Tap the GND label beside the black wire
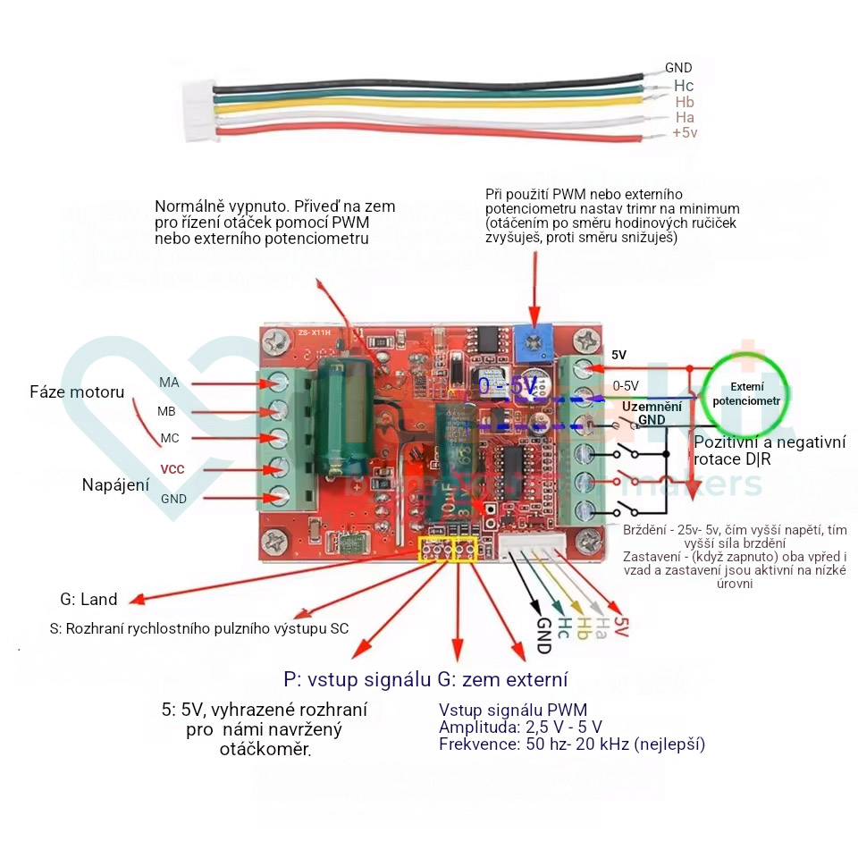coord(678,68)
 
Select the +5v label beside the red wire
coord(685,133)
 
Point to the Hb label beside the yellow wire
coord(685,102)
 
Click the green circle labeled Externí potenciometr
coord(746,394)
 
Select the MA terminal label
coord(169,383)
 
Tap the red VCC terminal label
coord(172,468)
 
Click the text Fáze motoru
coord(77,392)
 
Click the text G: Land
coord(88,600)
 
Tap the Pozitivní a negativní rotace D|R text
coord(770,450)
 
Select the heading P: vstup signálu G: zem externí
coord(425,679)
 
